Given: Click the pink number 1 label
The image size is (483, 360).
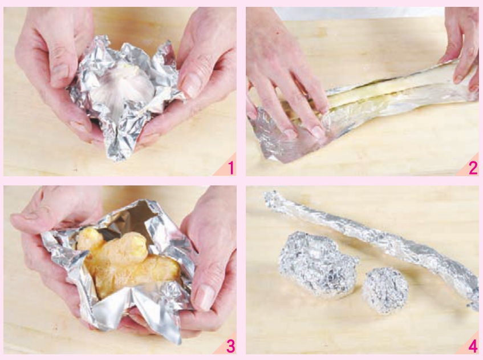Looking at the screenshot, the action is (231, 168).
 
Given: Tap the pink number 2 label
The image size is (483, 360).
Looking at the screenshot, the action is (473, 168).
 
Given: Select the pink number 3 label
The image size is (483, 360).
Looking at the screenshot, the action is (231, 346).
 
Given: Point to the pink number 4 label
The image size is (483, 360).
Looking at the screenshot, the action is (473, 346).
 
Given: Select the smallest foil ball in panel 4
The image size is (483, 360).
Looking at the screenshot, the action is (385, 286).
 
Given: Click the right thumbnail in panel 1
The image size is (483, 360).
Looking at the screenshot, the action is (189, 84).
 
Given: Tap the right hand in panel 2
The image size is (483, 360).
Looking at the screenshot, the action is (459, 46).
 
